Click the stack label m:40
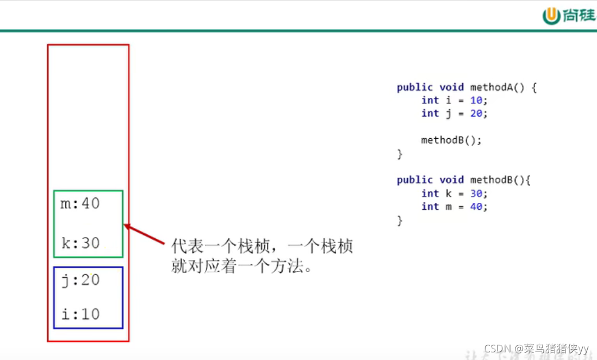[80, 204]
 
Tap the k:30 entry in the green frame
[80, 243]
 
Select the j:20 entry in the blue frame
[80, 280]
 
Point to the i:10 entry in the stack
[80, 314]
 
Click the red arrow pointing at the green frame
[145, 234]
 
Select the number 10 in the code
[476, 100]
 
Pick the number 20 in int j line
[476, 113]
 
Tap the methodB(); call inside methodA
[451, 140]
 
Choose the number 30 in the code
[476, 193]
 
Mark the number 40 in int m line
[476, 207]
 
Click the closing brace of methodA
[400, 154]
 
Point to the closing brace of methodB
[400, 220]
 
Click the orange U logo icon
[551, 16]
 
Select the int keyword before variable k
[430, 193]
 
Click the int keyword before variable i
[430, 100]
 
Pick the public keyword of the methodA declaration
[414, 87]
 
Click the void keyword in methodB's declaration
[451, 180]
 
